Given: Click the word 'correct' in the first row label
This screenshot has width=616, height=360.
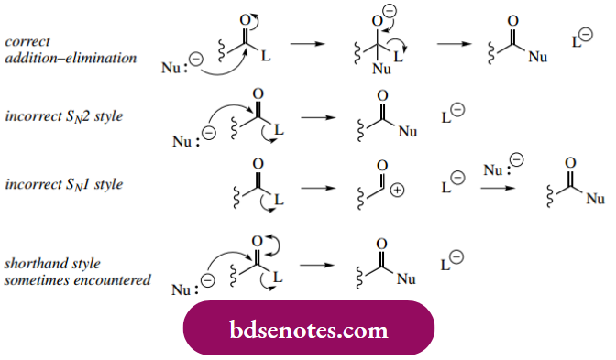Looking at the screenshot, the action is point(27,41).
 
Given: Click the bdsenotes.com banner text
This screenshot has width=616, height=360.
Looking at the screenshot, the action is point(308,329).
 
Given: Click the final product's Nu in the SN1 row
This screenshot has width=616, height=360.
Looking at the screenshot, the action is point(595,198).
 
